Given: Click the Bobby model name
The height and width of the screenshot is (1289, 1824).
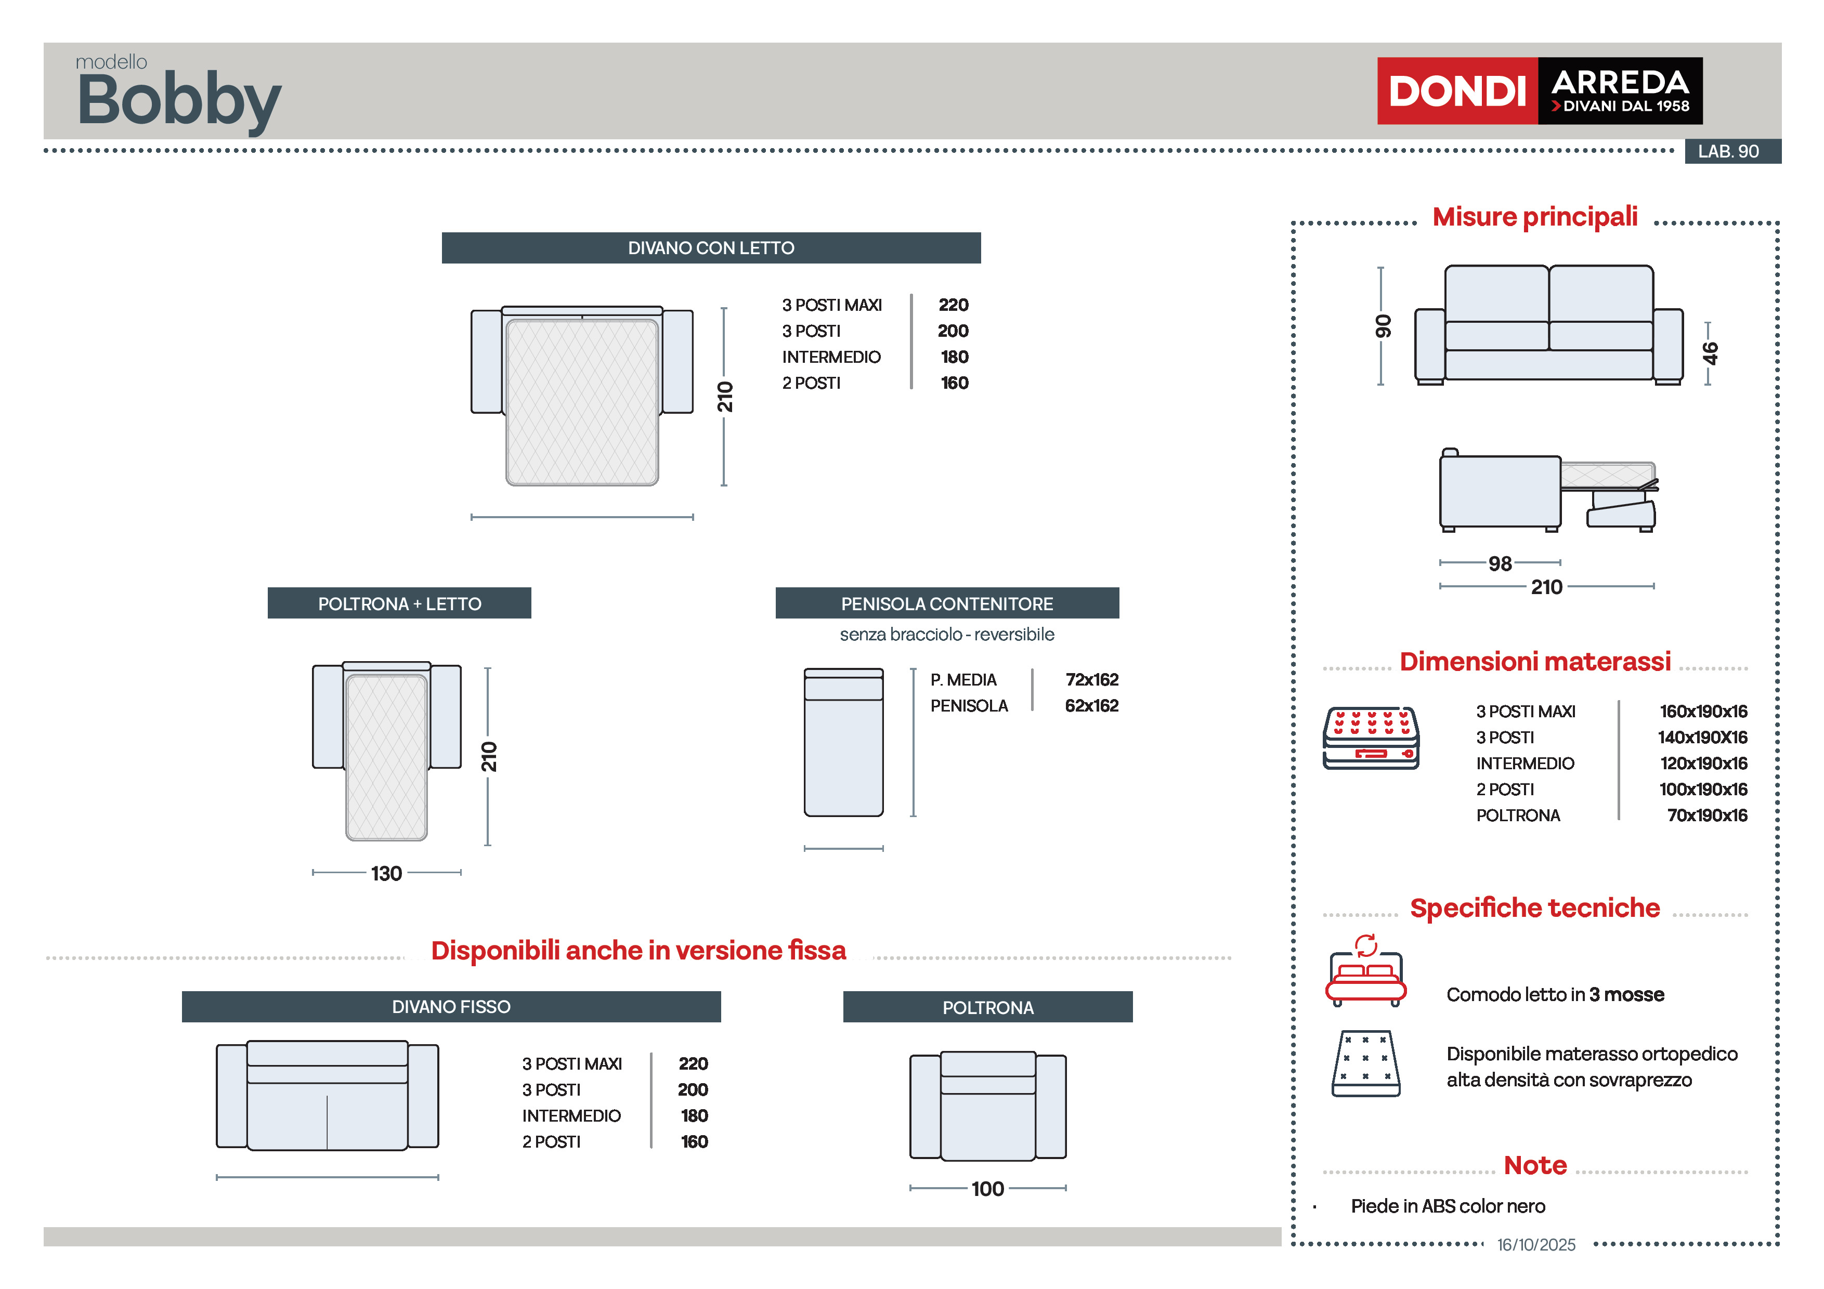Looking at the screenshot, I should [179, 100].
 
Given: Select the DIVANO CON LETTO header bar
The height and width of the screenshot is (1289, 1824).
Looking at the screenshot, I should [711, 248].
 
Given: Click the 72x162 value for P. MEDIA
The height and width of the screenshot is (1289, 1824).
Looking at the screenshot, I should [1091, 680].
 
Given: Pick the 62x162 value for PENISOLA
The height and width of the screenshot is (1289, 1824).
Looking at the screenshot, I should [1091, 706].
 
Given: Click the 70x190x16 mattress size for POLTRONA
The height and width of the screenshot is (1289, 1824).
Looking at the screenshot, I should [1706, 816].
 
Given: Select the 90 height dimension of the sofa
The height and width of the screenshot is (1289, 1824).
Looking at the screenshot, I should [1383, 325].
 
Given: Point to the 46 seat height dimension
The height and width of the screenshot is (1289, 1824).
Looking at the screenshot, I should [1710, 353].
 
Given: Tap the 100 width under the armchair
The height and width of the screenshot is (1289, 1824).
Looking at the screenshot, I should [987, 1189].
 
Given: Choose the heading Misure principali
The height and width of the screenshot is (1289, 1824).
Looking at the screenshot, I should [1535, 217].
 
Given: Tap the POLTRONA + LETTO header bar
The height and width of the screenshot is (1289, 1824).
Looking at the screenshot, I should [400, 603].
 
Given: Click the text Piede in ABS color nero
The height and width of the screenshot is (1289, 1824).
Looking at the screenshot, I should [1448, 1206].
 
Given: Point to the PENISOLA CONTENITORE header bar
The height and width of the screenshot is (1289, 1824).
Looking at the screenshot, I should [947, 603].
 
